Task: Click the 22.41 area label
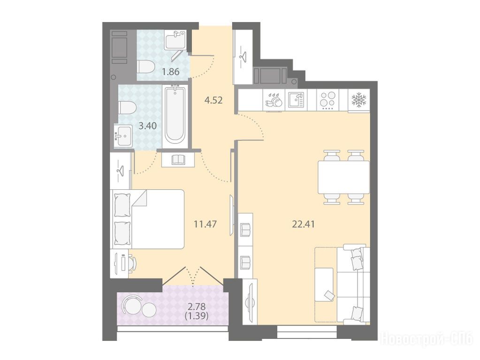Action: click(304, 224)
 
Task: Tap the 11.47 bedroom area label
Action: click(205, 224)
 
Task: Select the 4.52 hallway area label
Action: click(213, 100)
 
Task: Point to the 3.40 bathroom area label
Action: click(147, 126)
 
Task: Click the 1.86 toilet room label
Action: click(170, 72)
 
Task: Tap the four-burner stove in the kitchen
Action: click(327, 100)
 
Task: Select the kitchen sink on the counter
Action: click(296, 100)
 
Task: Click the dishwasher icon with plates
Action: click(274, 100)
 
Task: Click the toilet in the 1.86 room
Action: click(145, 67)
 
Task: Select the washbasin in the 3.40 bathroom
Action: click(123, 135)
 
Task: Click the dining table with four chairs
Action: click(343, 177)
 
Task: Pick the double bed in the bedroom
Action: click(148, 219)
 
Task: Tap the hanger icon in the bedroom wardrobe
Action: click(121, 170)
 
